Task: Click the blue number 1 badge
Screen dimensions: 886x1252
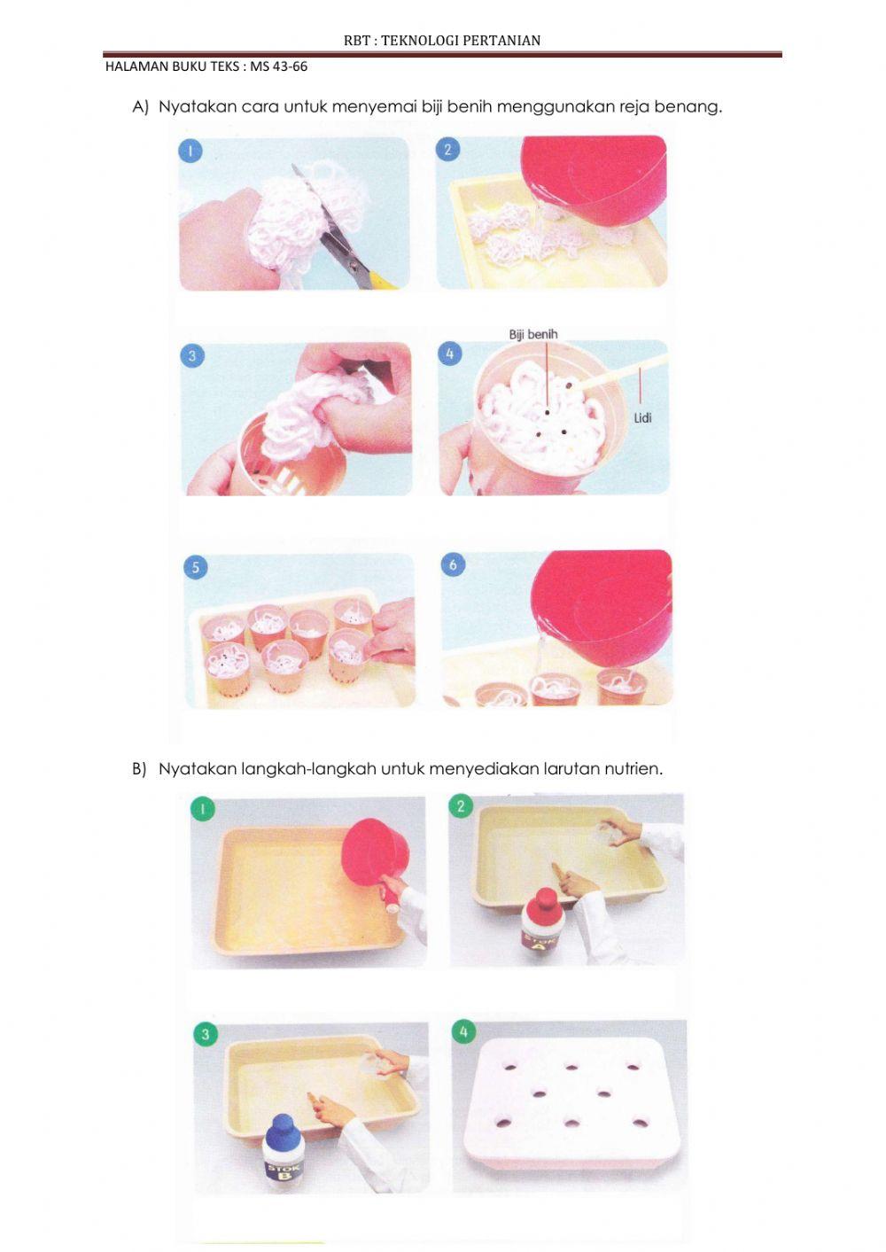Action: pos(190,151)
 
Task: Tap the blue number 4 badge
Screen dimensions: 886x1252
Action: pos(449,354)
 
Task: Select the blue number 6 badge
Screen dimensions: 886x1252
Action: pos(453,564)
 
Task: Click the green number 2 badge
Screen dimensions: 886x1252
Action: pos(461,806)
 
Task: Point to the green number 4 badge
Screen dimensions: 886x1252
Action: pos(463,1031)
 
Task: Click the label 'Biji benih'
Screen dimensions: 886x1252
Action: pos(533,334)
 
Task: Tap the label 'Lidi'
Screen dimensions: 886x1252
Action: pos(643,417)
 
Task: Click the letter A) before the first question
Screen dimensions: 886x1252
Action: pos(140,106)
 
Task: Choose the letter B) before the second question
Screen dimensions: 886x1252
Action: pos(139,769)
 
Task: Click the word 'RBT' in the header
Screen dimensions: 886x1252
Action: pos(354,41)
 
